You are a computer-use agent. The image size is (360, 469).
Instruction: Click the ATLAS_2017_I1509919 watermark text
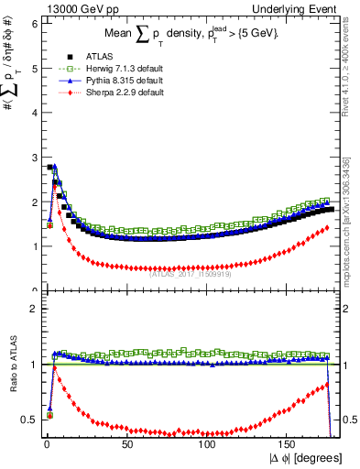point(191,272)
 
